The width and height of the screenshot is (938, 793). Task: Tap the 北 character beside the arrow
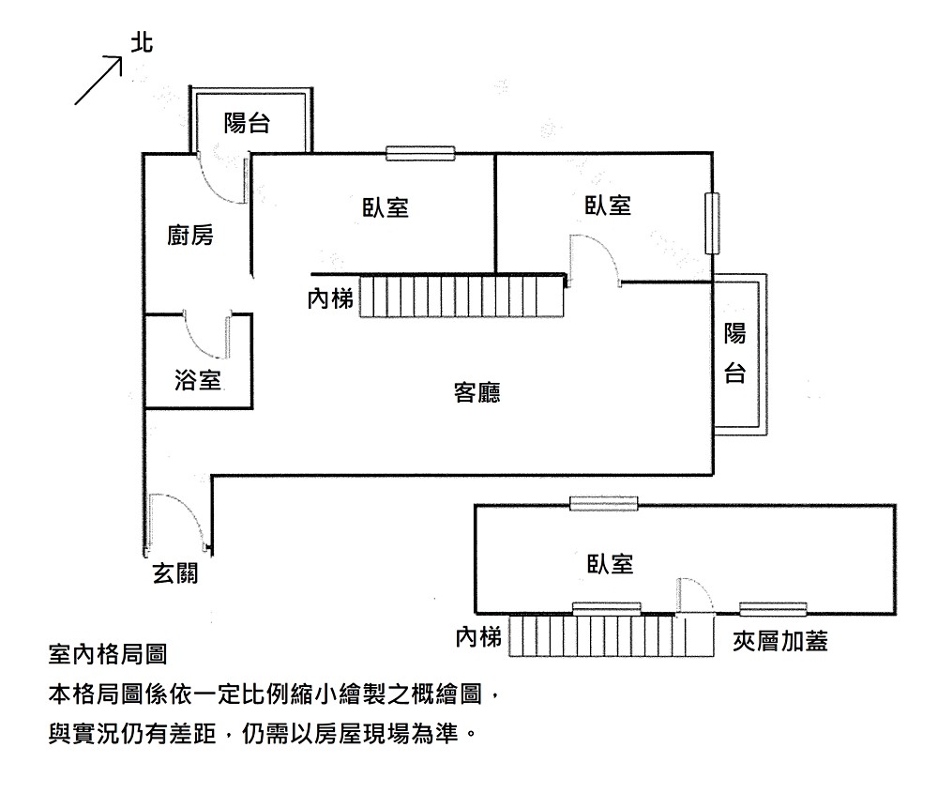[143, 43]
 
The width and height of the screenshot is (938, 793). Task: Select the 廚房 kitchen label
[190, 236]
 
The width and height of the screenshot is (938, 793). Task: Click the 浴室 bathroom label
[198, 380]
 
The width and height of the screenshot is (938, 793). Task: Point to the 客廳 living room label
[477, 392]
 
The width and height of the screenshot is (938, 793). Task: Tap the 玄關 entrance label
[175, 573]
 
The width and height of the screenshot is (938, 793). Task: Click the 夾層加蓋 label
[780, 642]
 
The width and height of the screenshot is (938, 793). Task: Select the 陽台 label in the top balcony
[247, 122]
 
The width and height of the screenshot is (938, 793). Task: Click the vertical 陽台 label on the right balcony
[735, 353]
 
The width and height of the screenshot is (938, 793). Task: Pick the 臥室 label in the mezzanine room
[611, 564]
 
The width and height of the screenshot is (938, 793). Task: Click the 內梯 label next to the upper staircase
[330, 299]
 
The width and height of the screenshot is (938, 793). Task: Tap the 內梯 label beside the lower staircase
[478, 638]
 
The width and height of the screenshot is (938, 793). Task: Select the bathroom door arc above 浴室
[207, 333]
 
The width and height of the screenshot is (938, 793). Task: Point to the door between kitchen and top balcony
[222, 178]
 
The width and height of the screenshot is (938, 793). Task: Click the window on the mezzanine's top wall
[606, 505]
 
